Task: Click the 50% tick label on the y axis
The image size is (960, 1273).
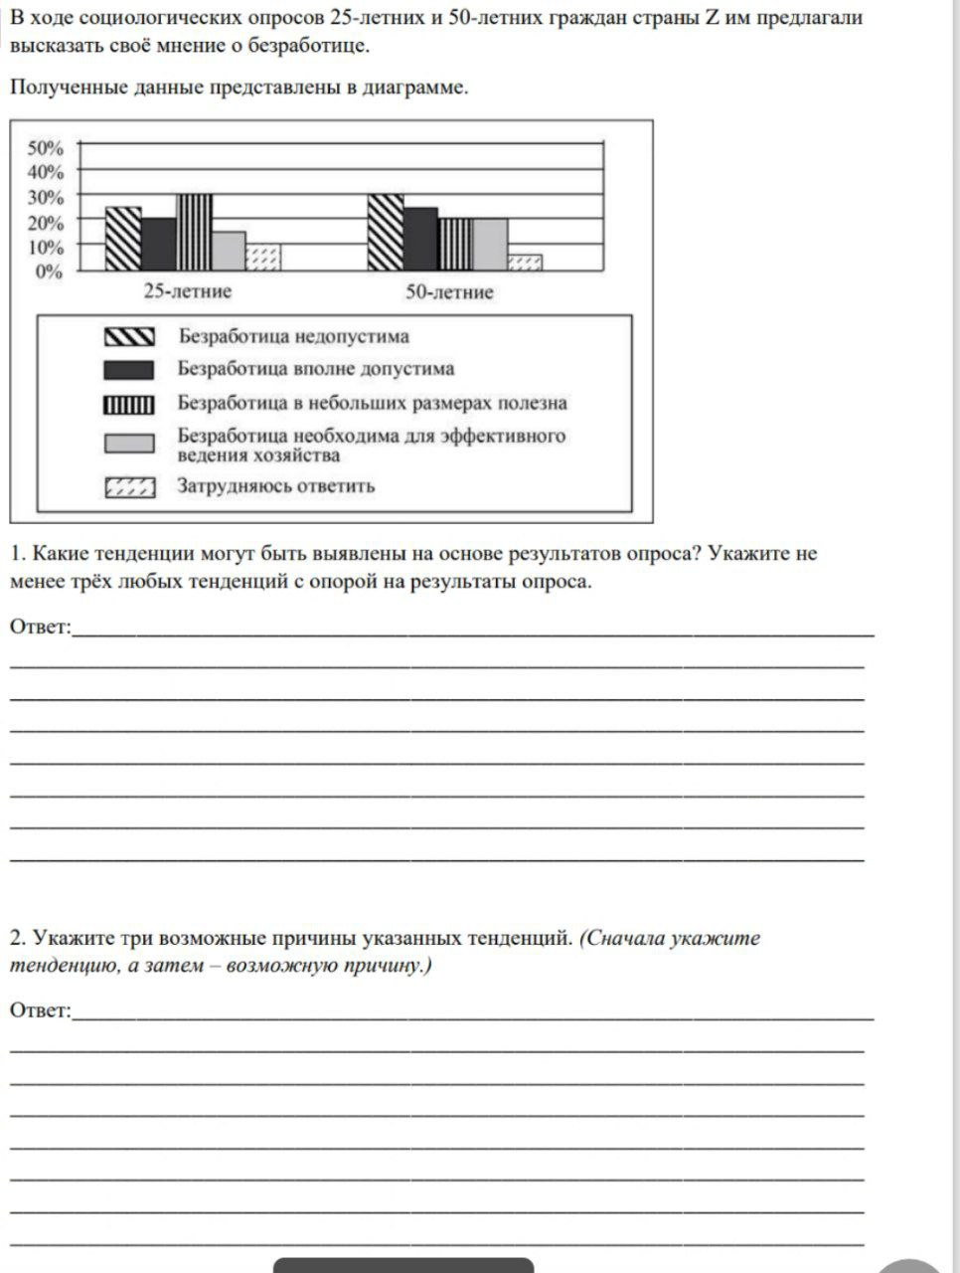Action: click(x=45, y=148)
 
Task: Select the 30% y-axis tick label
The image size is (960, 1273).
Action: click(x=45, y=197)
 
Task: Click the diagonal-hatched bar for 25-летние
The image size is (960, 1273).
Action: click(x=123, y=239)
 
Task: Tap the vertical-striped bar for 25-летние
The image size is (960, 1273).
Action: click(x=194, y=233)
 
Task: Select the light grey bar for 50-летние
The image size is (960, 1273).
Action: click(x=490, y=245)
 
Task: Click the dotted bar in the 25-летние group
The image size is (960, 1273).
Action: click(x=263, y=258)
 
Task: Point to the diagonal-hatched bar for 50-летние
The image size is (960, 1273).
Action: click(x=386, y=233)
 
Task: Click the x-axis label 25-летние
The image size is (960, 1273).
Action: click(x=188, y=291)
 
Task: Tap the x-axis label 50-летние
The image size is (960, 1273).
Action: click(x=449, y=292)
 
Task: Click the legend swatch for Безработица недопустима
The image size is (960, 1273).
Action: click(x=129, y=337)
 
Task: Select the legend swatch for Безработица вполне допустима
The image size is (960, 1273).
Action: click(x=129, y=370)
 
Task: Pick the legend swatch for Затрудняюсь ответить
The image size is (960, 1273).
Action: click(x=129, y=487)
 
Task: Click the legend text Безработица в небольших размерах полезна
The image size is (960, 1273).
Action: click(x=373, y=403)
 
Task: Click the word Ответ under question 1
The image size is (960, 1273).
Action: click(x=41, y=627)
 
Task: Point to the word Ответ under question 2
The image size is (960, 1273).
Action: click(x=41, y=1010)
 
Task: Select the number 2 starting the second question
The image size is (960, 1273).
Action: click(x=16, y=938)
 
